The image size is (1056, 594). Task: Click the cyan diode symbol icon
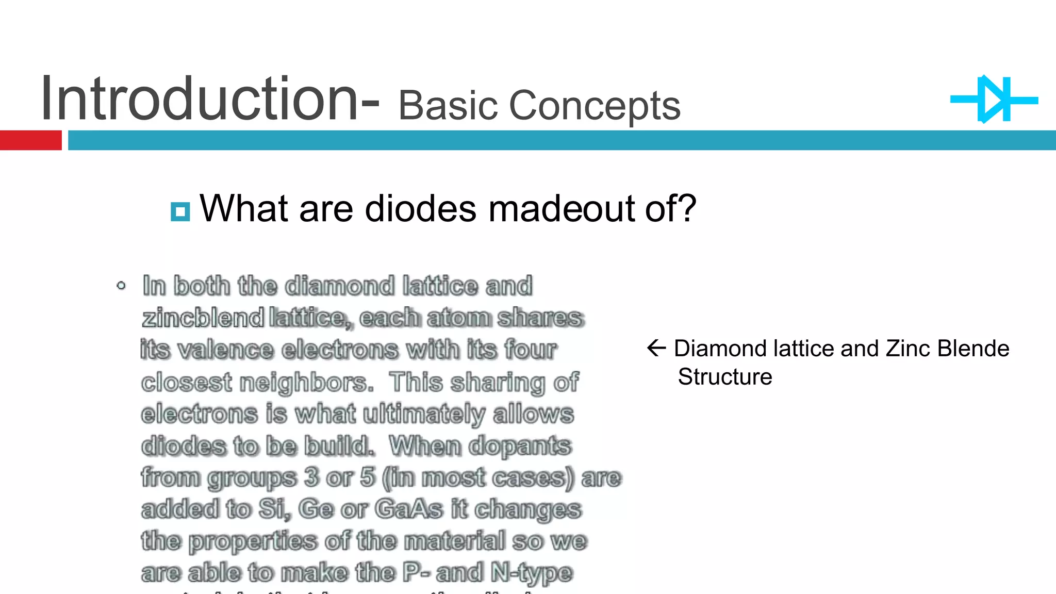994,100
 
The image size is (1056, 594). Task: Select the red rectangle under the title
30,140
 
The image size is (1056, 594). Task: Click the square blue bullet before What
180,211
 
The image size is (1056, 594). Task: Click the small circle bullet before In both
121,285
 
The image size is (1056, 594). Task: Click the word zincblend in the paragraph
203,318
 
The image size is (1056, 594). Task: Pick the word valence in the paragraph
225,350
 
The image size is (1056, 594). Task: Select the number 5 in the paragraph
368,477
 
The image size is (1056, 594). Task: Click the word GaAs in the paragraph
408,509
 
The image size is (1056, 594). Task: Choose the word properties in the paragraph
253,541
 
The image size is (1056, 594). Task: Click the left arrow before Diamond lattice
656,348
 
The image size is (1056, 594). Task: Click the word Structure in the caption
724,377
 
